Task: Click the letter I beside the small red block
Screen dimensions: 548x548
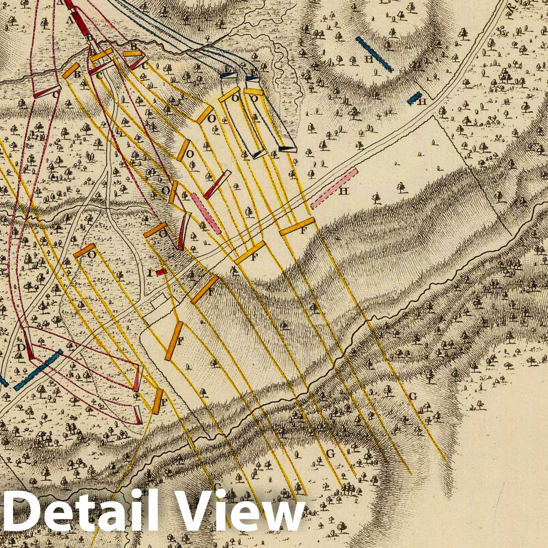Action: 150,273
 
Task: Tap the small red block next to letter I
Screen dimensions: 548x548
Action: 161,272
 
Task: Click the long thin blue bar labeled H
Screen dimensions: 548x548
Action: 374,54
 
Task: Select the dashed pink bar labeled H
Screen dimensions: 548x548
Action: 334,188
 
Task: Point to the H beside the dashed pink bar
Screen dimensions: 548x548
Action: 344,191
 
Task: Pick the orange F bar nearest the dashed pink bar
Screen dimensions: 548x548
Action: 297,226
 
